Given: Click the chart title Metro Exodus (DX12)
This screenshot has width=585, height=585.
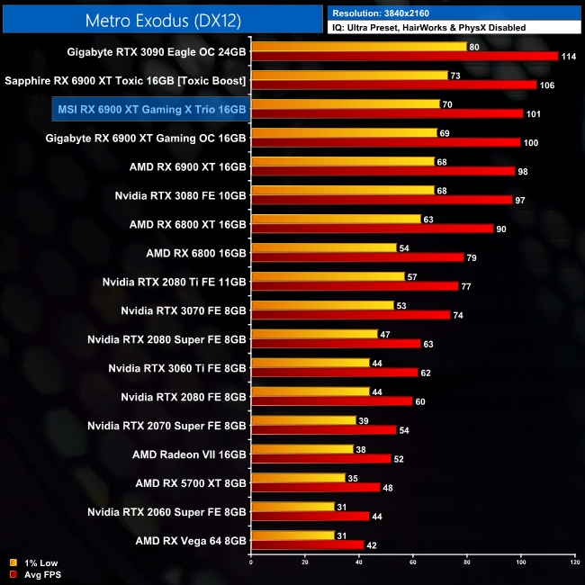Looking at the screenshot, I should pos(162,19).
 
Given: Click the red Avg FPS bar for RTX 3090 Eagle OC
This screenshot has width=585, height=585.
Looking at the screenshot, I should pos(405,56).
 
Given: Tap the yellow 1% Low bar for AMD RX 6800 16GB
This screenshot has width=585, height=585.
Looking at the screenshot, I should pos(324,247).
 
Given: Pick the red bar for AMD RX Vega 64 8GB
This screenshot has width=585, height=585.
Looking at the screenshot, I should pos(308,544).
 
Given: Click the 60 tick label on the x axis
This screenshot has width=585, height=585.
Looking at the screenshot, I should pos(413,562).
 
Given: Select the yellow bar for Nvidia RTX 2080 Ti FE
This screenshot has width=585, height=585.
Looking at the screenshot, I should pos(328,276).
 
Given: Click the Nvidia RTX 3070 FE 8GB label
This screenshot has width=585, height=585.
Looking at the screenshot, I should pos(183,310).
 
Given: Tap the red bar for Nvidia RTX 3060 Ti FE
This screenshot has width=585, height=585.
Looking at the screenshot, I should pos(335,372).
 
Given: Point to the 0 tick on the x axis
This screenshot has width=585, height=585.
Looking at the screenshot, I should pos(251,562).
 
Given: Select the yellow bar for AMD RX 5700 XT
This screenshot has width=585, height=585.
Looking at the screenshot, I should pos(298,478).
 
